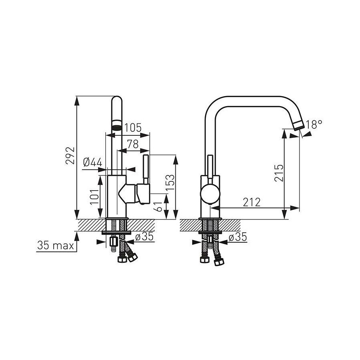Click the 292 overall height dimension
click(70, 155)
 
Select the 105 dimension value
click(133, 128)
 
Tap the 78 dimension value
click(133, 144)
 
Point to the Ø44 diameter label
click(93, 162)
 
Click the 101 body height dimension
click(94, 197)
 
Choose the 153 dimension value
click(170, 183)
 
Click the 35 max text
click(56, 245)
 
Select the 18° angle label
click(314, 125)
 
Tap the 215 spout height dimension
click(279, 173)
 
